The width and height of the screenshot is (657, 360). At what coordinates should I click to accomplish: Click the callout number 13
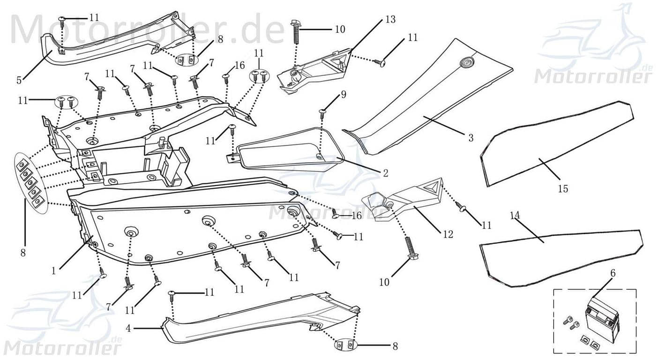pyautogui.click(x=390, y=20)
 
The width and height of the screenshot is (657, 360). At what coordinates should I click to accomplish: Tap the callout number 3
pyautogui.click(x=470, y=138)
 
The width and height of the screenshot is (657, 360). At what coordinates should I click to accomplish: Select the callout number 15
pyautogui.click(x=563, y=188)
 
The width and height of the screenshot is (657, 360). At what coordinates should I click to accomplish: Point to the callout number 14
pyautogui.click(x=515, y=216)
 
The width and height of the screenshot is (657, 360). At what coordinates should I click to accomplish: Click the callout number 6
pyautogui.click(x=613, y=273)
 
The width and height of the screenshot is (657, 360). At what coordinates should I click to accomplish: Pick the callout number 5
pyautogui.click(x=19, y=80)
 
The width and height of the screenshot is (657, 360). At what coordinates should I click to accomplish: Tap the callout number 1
pyautogui.click(x=54, y=270)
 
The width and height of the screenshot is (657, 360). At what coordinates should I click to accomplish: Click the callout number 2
pyautogui.click(x=385, y=173)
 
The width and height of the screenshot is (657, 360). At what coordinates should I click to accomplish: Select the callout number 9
pyautogui.click(x=343, y=95)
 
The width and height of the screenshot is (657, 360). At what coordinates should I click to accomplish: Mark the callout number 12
pyautogui.click(x=448, y=234)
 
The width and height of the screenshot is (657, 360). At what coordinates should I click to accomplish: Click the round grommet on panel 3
pyautogui.click(x=467, y=62)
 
